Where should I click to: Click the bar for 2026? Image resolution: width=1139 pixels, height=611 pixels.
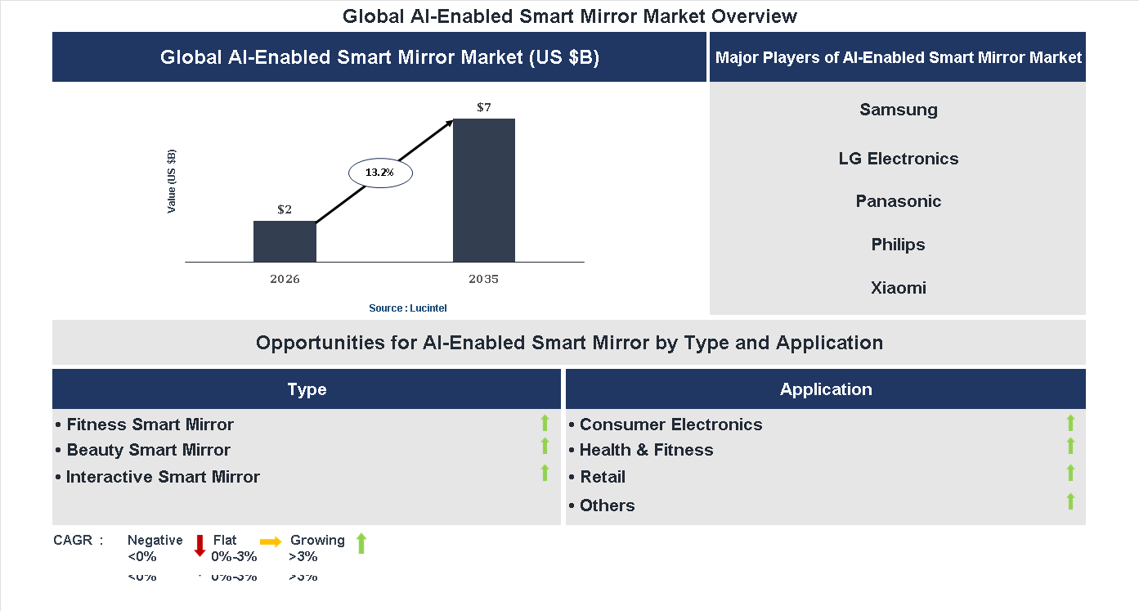pos(285,241)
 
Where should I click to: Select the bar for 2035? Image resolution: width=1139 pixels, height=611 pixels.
pos(484,190)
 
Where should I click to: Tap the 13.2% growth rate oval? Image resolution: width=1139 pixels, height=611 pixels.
pos(380,173)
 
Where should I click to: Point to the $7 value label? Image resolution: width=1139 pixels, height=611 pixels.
pos(484,107)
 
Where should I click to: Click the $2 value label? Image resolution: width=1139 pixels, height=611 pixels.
pos(285,209)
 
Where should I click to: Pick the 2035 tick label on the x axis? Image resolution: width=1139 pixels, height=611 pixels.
pos(484,279)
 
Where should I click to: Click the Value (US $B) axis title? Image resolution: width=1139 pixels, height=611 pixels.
pos(172,182)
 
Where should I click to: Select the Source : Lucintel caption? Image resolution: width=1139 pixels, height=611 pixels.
pos(408,308)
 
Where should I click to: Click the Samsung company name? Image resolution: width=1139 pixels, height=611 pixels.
pos(899,110)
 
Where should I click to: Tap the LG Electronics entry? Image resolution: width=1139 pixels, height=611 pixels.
pos(899,159)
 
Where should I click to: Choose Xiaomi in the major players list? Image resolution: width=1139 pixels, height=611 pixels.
pos(899,288)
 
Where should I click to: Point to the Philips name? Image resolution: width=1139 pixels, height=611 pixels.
pos(899,245)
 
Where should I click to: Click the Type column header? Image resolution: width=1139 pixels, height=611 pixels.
pos(307,389)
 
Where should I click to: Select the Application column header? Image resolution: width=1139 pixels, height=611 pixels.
pos(826,389)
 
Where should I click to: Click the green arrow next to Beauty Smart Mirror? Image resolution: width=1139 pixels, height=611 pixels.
pos(545,447)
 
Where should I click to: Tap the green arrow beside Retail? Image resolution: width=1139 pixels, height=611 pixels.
pos(1070,473)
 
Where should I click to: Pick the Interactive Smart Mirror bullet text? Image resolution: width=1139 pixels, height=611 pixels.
pos(163,477)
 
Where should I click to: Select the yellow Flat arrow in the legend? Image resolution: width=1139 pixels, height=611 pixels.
pos(271,541)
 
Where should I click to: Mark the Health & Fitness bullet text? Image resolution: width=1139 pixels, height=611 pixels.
pos(646,450)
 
